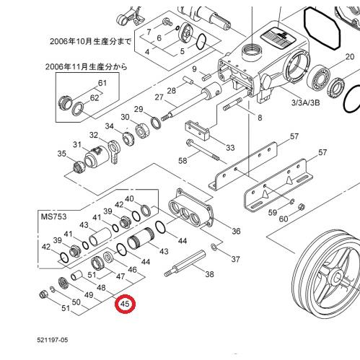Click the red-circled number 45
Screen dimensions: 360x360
pyautogui.click(x=126, y=305)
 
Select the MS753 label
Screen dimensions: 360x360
pyautogui.click(x=53, y=214)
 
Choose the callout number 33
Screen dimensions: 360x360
pyautogui.click(x=230, y=147)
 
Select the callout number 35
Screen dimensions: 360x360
pyautogui.click(x=61, y=154)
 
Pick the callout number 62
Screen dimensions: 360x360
pyautogui.click(x=95, y=97)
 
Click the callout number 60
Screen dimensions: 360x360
pyautogui.click(x=283, y=218)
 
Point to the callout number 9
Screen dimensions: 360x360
pyautogui.click(x=194, y=69)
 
